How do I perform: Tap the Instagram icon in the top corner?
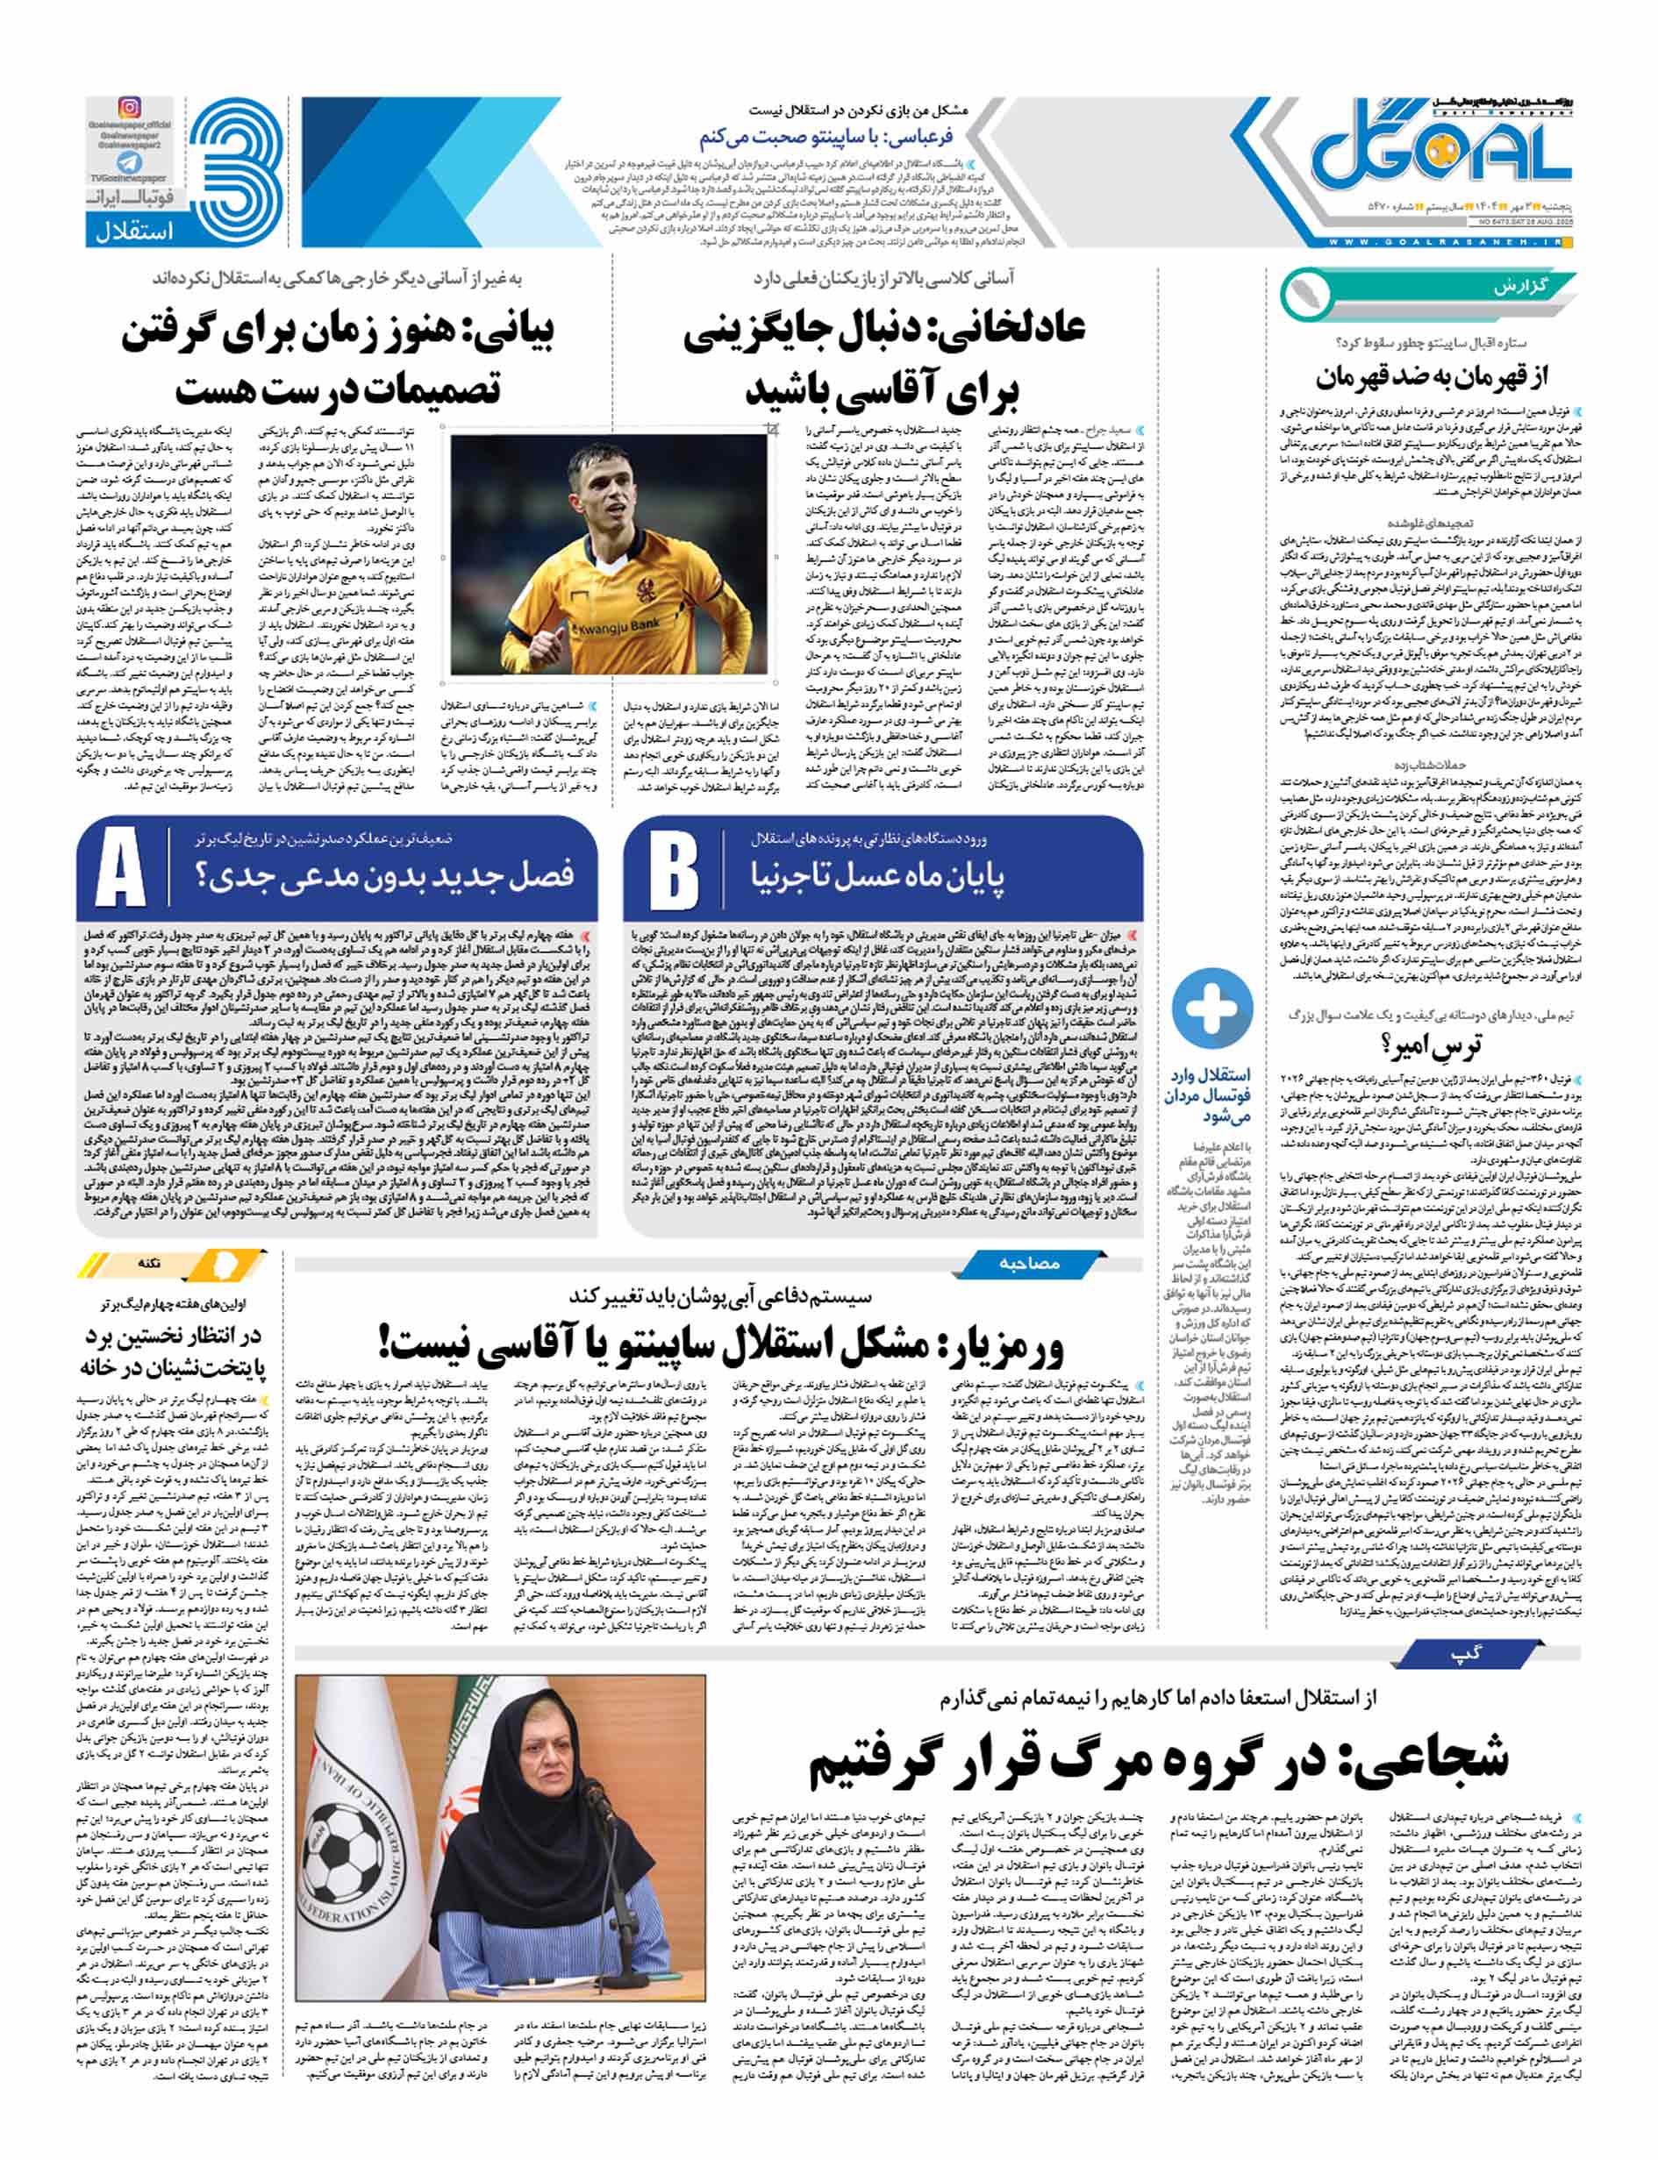click(x=129, y=108)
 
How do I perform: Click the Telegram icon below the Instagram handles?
click(x=129, y=163)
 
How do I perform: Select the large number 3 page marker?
click(x=235, y=167)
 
